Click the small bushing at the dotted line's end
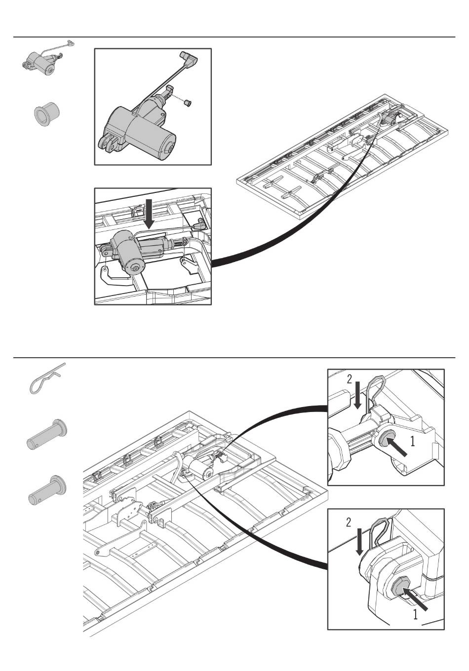pos(188,103)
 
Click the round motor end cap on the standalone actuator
pos(169,147)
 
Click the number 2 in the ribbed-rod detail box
pos(349,379)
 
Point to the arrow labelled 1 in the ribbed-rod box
pos(399,446)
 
